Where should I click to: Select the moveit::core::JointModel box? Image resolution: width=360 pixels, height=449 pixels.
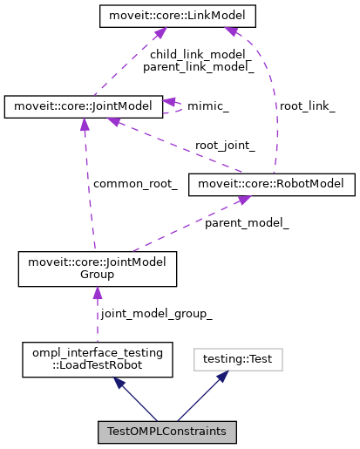[83, 106]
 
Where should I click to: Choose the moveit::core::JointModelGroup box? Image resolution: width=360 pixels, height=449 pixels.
[98, 269]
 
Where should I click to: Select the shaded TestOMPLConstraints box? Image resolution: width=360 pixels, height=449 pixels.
[166, 432]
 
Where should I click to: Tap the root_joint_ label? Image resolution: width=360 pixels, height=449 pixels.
[225, 146]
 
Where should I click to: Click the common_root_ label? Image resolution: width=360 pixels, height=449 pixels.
[135, 184]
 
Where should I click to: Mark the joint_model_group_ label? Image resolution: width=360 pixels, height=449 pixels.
[156, 313]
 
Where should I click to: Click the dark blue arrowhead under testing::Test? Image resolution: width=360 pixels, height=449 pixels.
[223, 377]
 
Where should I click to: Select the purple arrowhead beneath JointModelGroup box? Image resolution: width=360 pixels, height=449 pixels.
[97, 295]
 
